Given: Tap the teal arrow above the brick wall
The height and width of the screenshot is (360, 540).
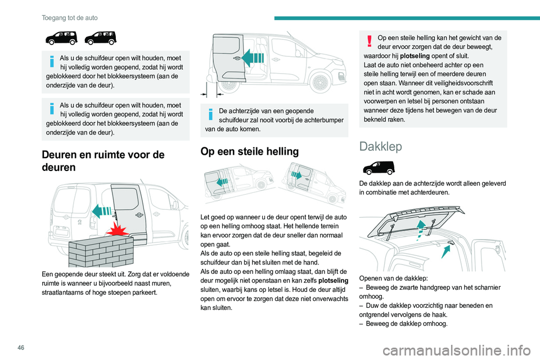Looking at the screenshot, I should [x=102, y=211].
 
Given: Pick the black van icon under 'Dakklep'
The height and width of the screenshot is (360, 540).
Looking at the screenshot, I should [x=380, y=168].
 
